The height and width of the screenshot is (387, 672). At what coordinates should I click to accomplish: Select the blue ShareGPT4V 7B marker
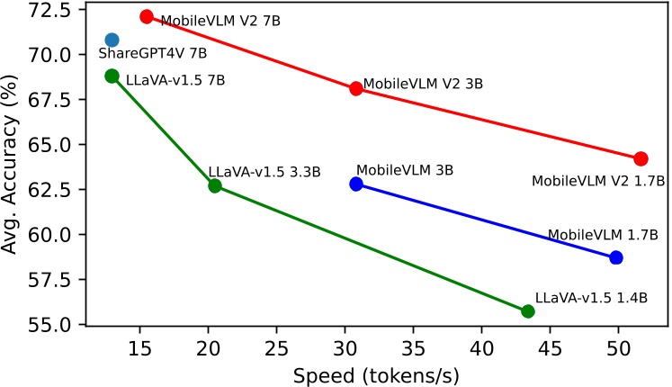pos(112,40)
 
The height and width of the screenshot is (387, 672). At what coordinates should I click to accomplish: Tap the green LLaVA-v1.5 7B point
pos(112,76)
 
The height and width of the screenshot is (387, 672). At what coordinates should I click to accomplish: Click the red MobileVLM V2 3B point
pos(356,88)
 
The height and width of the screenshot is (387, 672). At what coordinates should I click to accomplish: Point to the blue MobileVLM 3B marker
pos(356,184)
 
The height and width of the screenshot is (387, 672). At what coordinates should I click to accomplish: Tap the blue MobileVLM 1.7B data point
pos(616,257)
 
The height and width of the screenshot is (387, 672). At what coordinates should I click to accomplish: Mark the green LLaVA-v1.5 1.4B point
pos(528,311)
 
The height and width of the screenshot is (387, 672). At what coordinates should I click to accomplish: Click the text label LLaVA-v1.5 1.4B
pos(591,296)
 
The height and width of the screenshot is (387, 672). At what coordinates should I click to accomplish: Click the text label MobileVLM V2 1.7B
pos(598,181)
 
